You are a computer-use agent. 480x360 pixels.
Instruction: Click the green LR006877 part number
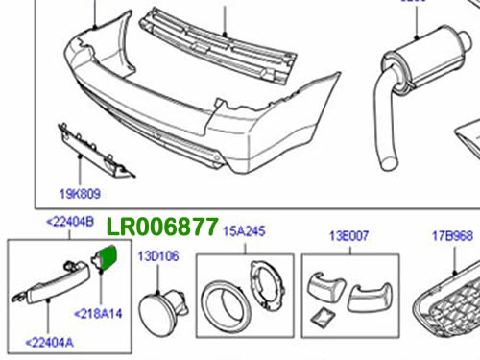tap(162, 227)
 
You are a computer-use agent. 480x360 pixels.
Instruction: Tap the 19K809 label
tap(80, 194)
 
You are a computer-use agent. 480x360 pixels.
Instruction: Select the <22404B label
tap(70, 222)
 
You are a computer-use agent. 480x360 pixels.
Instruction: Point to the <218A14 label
tap(98, 313)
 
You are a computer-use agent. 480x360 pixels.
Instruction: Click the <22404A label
tap(49, 343)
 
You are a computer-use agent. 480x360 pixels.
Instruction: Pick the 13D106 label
tap(158, 256)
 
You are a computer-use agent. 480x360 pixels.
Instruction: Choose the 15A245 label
tap(244, 231)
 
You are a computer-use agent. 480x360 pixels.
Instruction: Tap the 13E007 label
tap(349, 236)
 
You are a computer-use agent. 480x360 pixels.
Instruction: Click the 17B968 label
tap(452, 236)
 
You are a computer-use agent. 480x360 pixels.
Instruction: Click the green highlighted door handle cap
tap(108, 256)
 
